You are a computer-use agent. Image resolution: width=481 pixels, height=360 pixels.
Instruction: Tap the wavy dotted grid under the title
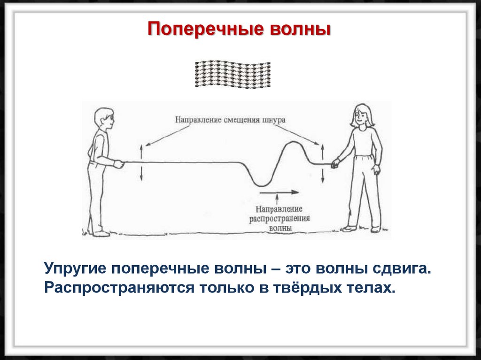click(232, 74)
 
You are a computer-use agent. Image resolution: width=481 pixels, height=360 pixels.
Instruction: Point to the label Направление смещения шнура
click(230, 120)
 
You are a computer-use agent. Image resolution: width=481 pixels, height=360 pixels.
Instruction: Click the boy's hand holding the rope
click(118, 164)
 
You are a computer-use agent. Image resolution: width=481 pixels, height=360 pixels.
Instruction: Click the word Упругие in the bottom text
click(75, 269)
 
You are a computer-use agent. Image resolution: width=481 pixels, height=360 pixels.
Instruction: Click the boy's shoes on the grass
click(100, 233)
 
